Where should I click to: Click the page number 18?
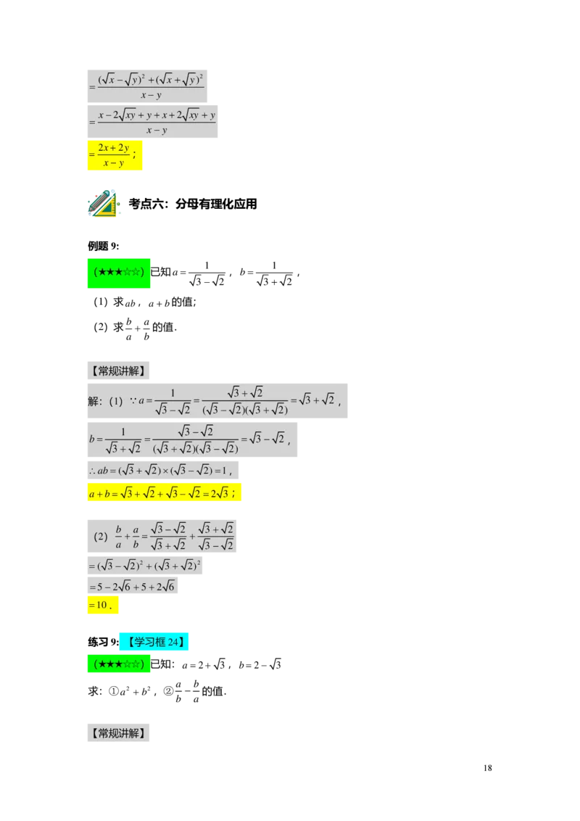[x=487, y=767]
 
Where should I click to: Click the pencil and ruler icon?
[x=103, y=203]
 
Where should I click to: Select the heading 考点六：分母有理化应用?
[x=193, y=204]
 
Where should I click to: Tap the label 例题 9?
[x=103, y=246]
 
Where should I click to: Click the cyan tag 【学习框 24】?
[x=154, y=642]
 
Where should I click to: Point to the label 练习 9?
[x=103, y=642]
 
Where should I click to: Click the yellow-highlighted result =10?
[x=103, y=605]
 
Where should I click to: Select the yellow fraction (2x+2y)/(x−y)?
[x=115, y=155]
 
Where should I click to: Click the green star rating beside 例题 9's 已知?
[x=119, y=273]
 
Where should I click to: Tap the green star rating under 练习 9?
[x=119, y=664]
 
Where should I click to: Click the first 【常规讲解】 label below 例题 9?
[x=118, y=371]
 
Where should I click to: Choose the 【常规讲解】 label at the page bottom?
[x=118, y=733]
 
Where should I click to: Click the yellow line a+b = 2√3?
[x=164, y=492]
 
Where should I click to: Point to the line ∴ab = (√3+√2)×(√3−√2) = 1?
[x=163, y=470]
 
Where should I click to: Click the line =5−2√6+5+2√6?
[x=133, y=586]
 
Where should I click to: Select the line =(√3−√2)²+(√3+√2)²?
[x=144, y=565]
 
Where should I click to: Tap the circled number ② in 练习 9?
[x=168, y=691]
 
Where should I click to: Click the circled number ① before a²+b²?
[x=114, y=691]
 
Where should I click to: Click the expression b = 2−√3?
[x=260, y=664]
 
